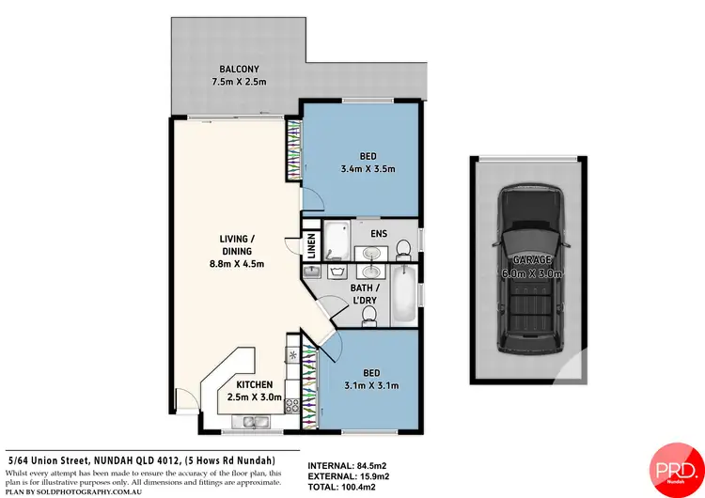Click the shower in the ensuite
[336, 241]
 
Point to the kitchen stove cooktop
[291, 408]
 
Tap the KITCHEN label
[254, 384]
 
